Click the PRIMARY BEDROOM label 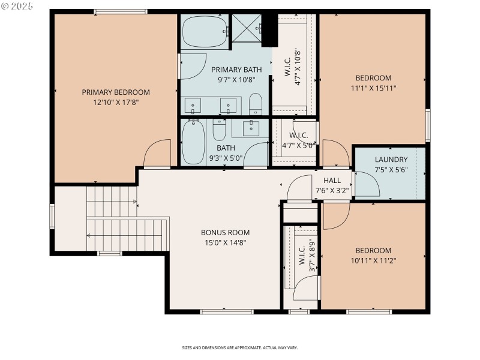116,92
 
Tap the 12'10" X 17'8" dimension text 116,103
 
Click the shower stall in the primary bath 248,28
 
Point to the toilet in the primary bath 256,104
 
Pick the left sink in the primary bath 193,106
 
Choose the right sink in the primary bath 228,106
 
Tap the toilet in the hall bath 219,129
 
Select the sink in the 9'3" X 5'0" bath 250,128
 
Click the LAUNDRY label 391,160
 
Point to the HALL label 332,181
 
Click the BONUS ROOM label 225,233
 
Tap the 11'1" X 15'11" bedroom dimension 373,88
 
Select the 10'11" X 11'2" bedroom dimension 373,260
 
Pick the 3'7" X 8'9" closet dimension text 311,257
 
